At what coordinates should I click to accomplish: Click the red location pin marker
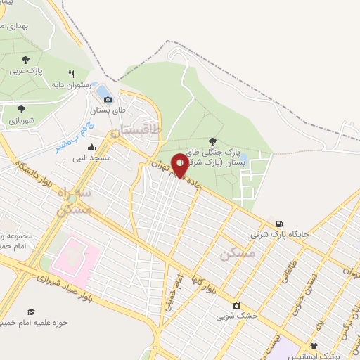click(x=180, y=165)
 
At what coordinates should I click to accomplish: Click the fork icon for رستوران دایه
click(x=71, y=74)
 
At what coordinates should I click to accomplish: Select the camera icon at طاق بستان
click(x=108, y=100)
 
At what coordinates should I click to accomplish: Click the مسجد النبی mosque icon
click(x=91, y=148)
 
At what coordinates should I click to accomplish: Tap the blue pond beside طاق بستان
click(x=103, y=91)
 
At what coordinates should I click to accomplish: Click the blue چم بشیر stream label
click(x=70, y=140)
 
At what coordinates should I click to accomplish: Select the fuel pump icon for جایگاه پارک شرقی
click(x=280, y=224)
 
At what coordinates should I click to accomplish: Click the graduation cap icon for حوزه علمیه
click(x=30, y=311)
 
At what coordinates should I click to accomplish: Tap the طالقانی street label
click(x=288, y=271)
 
